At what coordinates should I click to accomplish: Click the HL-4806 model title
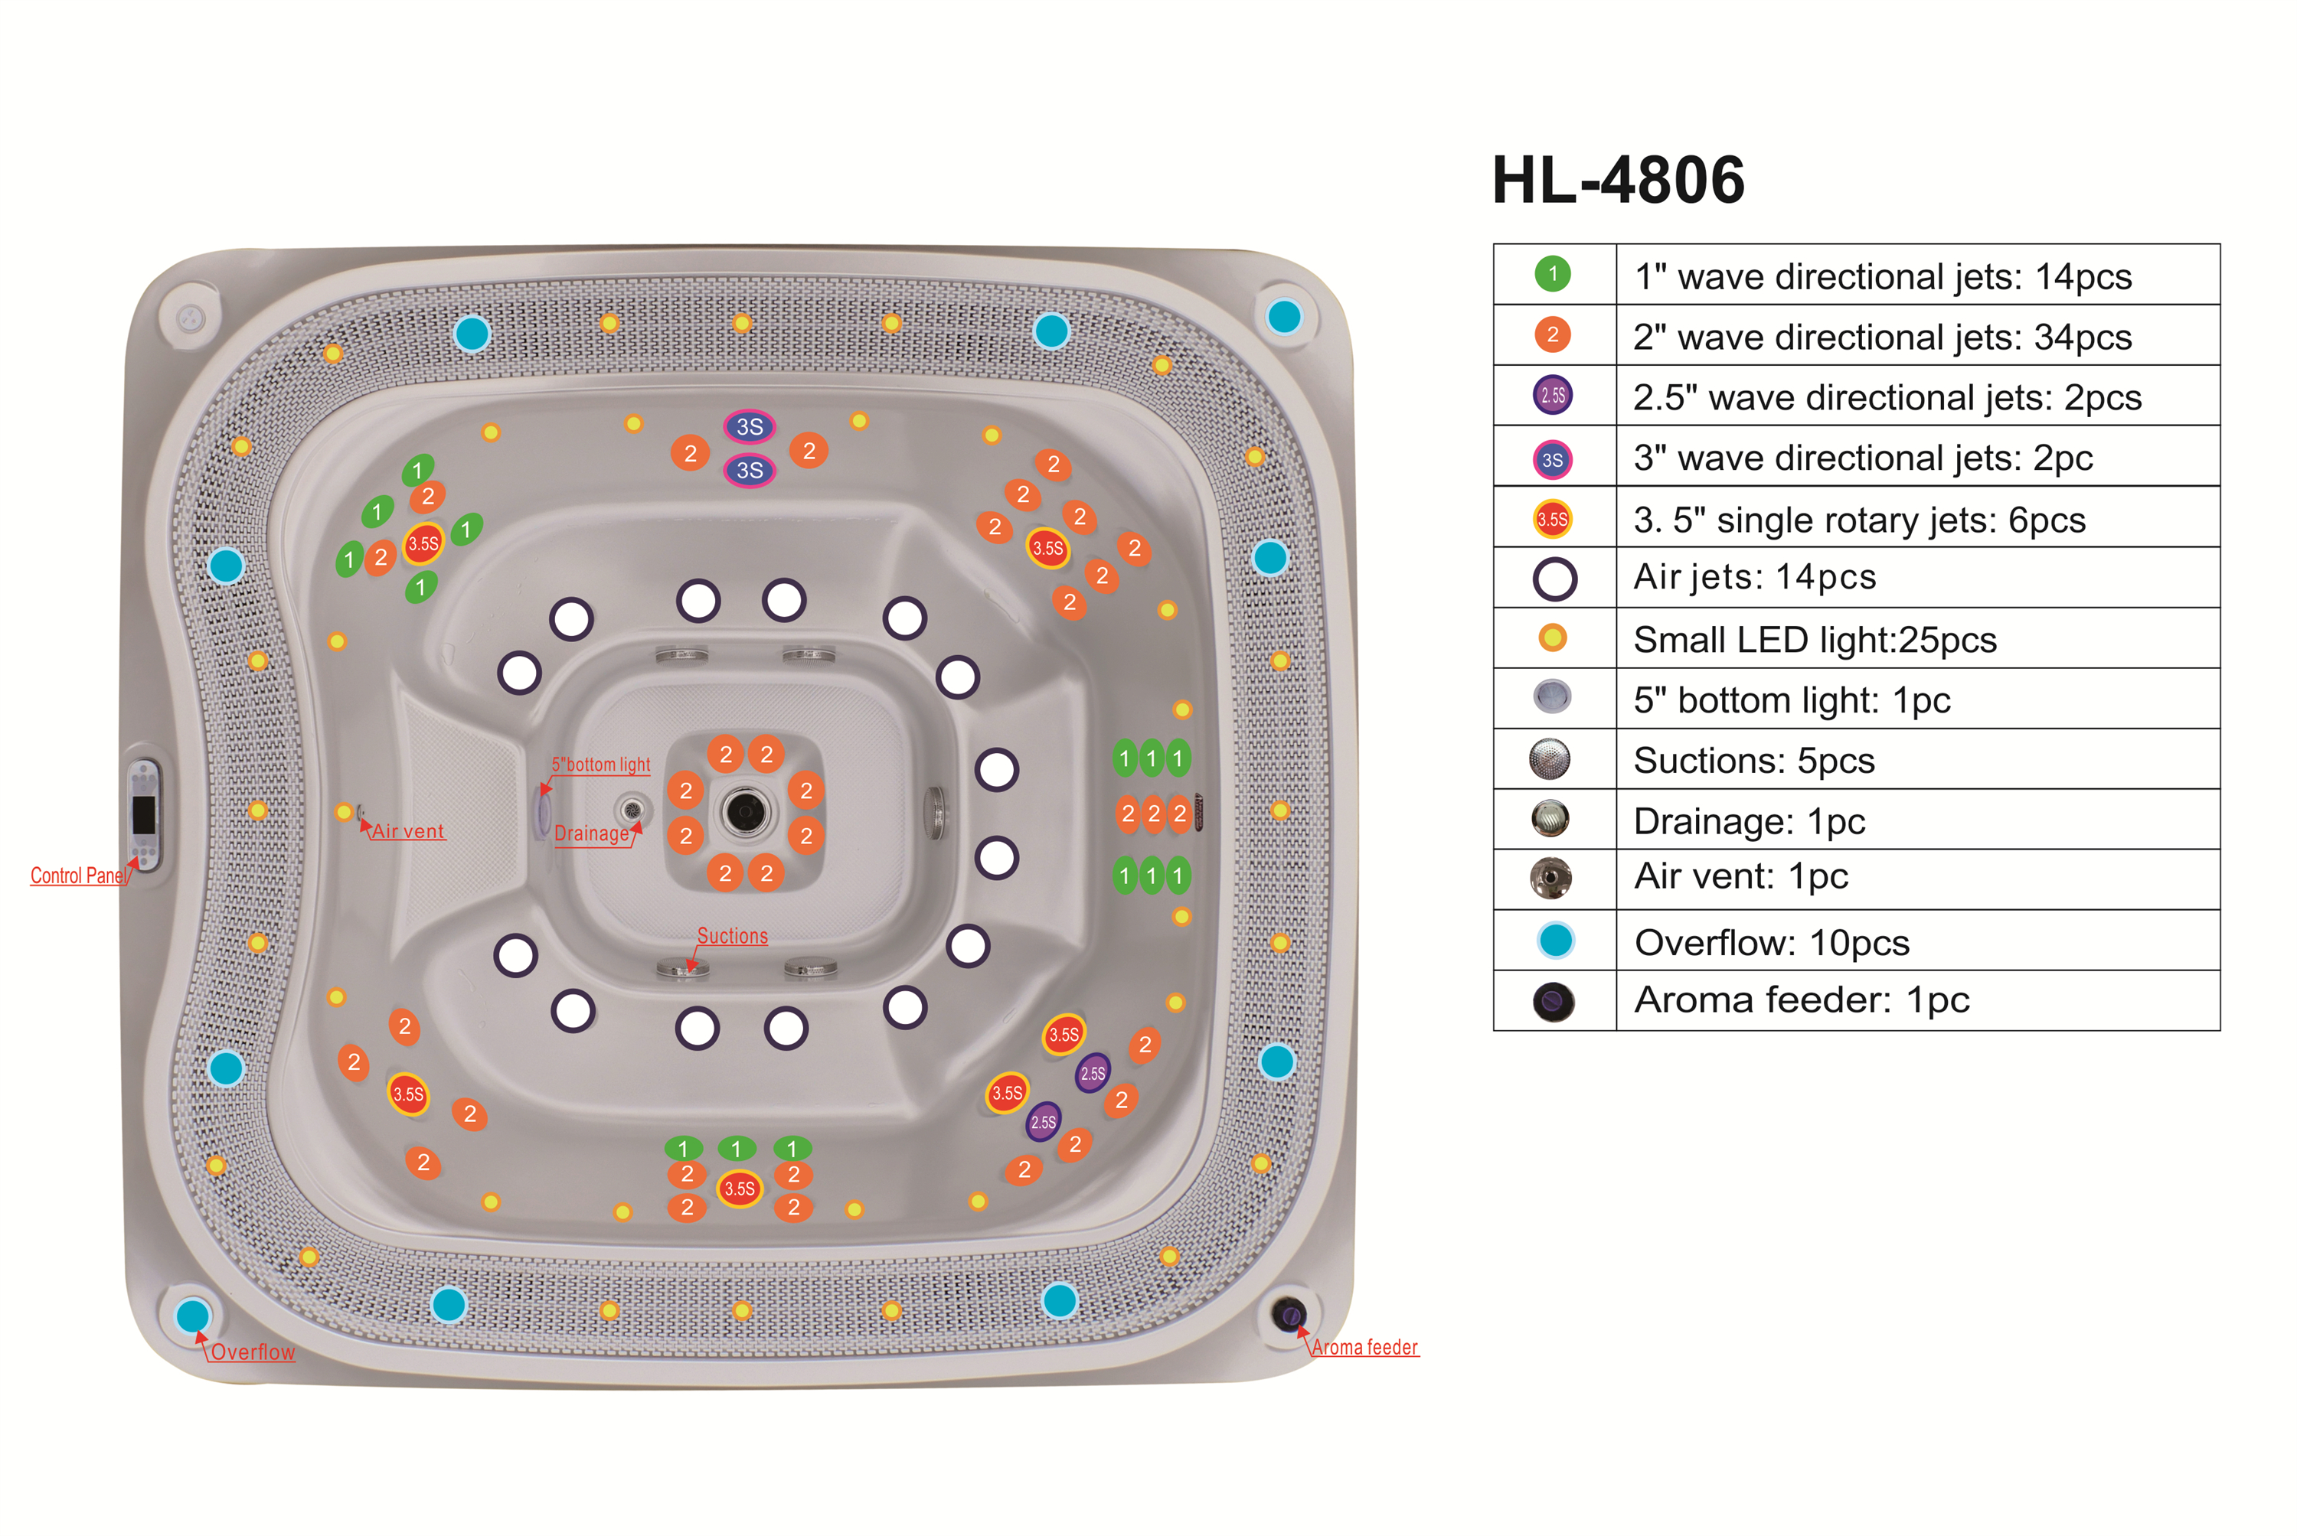coord(1617,181)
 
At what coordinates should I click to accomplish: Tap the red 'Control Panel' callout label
coord(78,875)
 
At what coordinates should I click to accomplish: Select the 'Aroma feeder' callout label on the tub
coord(1364,1347)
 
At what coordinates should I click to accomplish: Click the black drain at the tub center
coord(745,811)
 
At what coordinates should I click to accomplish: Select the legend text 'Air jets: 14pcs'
coord(1754,577)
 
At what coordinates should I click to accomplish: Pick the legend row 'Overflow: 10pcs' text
coord(1772,942)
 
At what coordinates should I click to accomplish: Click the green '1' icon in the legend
coord(1552,274)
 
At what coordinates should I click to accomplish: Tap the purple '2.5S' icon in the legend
coord(1552,395)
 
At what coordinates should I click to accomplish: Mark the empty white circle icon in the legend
coord(1554,578)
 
